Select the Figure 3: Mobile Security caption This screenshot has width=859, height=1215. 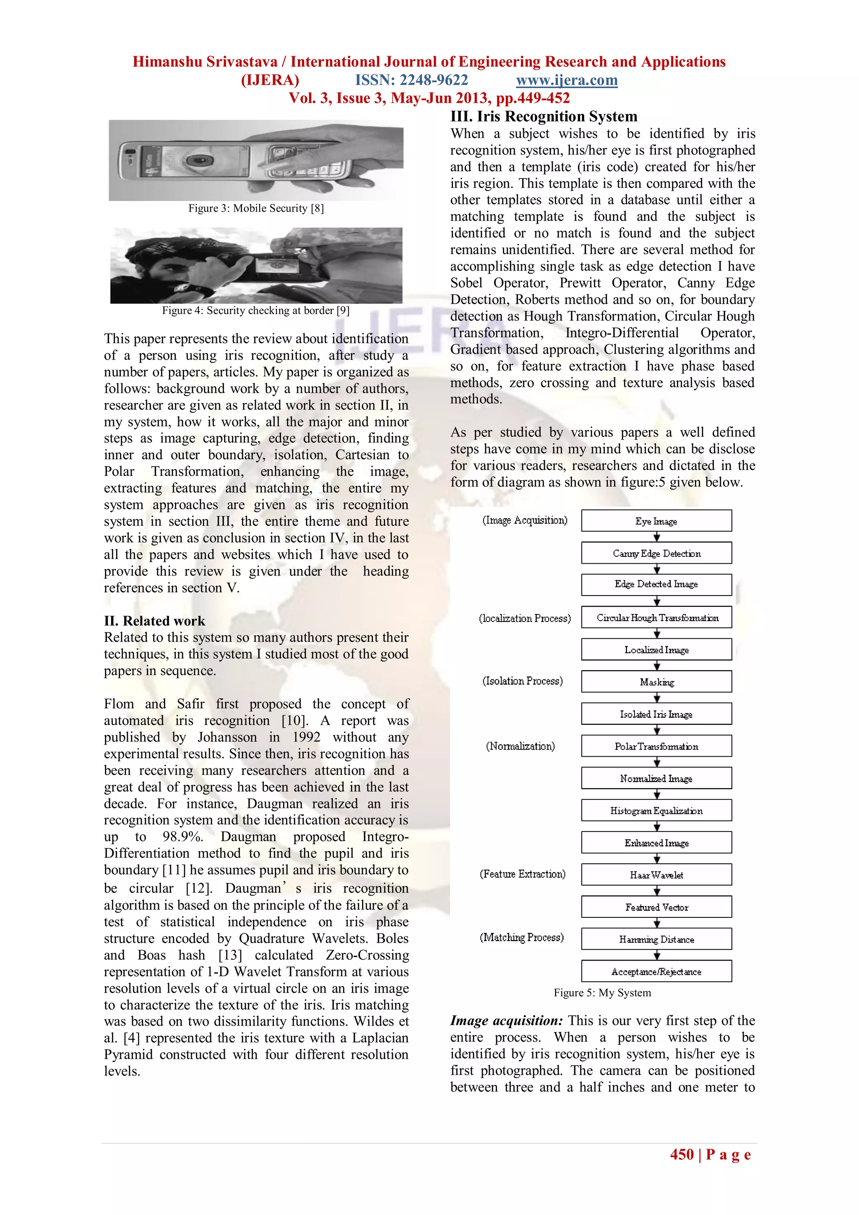(256, 208)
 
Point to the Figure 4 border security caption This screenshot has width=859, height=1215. (255, 310)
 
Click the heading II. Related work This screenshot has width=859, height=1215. (154, 621)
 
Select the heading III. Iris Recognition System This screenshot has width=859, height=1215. (544, 116)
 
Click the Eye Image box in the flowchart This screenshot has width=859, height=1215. (656, 521)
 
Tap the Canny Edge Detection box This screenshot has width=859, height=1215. (656, 553)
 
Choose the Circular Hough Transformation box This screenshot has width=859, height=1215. (656, 617)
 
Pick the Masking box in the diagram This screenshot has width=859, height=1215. (656, 682)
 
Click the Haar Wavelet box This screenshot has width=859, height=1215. (656, 875)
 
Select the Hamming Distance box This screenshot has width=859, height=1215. (656, 939)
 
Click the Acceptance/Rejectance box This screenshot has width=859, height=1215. (656, 972)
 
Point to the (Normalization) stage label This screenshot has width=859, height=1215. (521, 746)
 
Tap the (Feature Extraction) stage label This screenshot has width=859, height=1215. (523, 874)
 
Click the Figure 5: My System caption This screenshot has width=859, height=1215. (602, 993)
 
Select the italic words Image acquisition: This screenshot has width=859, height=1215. (506, 1021)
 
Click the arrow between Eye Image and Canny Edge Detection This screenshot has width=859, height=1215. (656, 537)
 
